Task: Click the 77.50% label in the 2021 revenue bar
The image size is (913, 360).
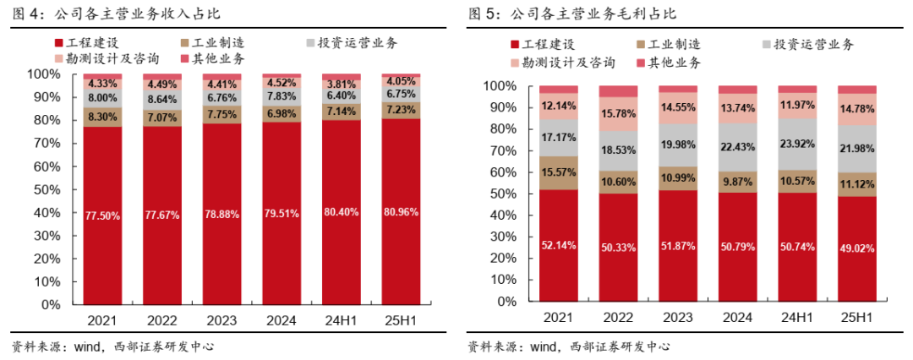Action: (102, 215)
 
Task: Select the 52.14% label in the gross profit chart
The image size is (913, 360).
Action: (559, 246)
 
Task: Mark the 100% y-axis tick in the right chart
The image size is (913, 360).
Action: (502, 86)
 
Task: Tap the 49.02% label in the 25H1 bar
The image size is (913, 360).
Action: (858, 248)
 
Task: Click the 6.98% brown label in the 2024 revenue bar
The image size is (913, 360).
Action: (282, 112)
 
